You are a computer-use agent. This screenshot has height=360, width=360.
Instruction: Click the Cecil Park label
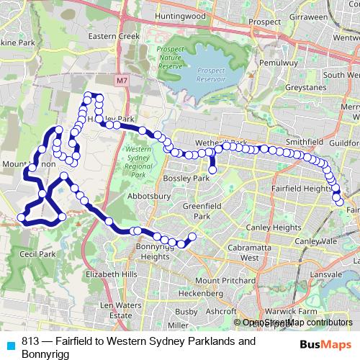37,254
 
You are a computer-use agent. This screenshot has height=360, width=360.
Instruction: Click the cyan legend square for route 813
11,344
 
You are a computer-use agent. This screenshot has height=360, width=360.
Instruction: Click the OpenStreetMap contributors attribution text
297,323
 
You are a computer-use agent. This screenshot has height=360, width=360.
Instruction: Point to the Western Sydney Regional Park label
137,162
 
